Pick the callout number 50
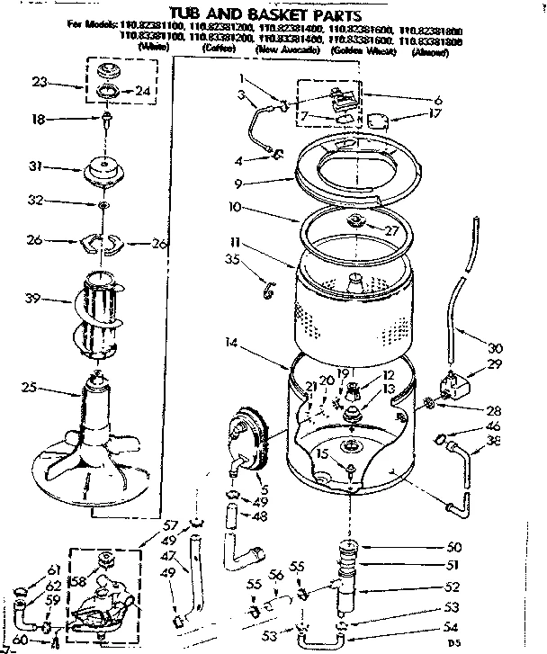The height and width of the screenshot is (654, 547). pyautogui.click(x=453, y=547)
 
